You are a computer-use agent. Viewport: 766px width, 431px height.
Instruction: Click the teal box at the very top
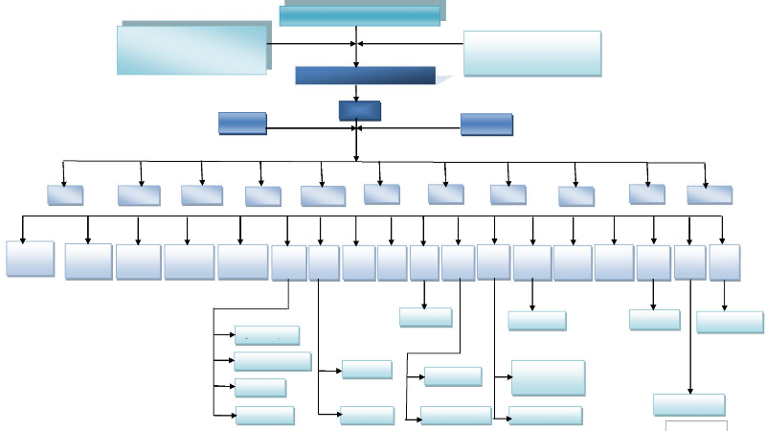[x=360, y=15]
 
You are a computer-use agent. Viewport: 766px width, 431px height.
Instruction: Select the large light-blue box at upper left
[x=191, y=50]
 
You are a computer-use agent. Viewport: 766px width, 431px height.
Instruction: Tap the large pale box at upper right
[x=532, y=54]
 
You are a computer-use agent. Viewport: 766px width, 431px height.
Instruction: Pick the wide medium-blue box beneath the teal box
[x=365, y=76]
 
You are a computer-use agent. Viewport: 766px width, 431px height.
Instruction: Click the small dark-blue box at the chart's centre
[x=360, y=111]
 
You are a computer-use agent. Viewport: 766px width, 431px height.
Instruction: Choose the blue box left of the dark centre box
[x=241, y=123]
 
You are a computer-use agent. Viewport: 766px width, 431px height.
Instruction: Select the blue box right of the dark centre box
[x=485, y=124]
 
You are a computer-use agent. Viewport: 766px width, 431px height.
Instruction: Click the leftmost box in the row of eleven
[x=65, y=195]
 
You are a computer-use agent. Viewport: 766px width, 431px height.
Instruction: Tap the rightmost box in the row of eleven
[x=710, y=195]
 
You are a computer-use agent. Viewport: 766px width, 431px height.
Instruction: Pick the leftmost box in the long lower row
[x=30, y=259]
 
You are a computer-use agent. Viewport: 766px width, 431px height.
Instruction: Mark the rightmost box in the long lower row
[x=725, y=261]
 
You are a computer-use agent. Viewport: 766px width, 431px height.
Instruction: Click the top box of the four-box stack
[x=267, y=335]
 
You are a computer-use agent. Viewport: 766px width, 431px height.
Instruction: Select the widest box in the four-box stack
[x=272, y=361]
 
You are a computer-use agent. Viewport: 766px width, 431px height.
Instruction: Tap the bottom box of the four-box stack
[x=265, y=415]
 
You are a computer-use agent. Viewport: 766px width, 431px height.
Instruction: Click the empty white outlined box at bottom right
[x=696, y=425]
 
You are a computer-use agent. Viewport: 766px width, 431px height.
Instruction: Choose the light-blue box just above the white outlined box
[x=688, y=404]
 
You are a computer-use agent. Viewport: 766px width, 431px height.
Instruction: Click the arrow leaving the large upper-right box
[x=412, y=43]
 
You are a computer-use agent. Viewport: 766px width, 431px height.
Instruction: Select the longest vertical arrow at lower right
[x=689, y=335]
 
